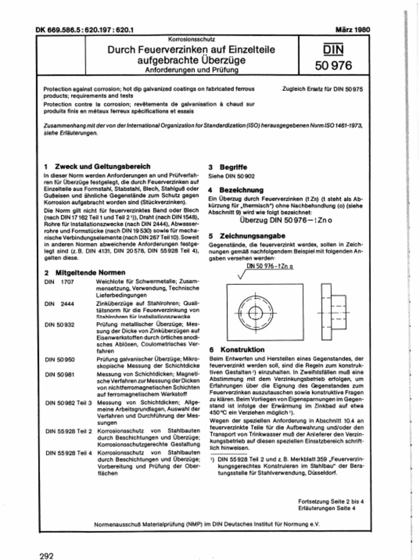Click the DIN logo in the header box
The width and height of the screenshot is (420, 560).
[333, 51]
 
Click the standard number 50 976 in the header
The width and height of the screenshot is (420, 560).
[333, 67]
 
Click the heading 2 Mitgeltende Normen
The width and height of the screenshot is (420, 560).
[84, 272]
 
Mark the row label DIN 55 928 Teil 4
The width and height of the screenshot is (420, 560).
[68, 453]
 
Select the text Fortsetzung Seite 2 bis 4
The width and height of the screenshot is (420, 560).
[326, 501]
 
